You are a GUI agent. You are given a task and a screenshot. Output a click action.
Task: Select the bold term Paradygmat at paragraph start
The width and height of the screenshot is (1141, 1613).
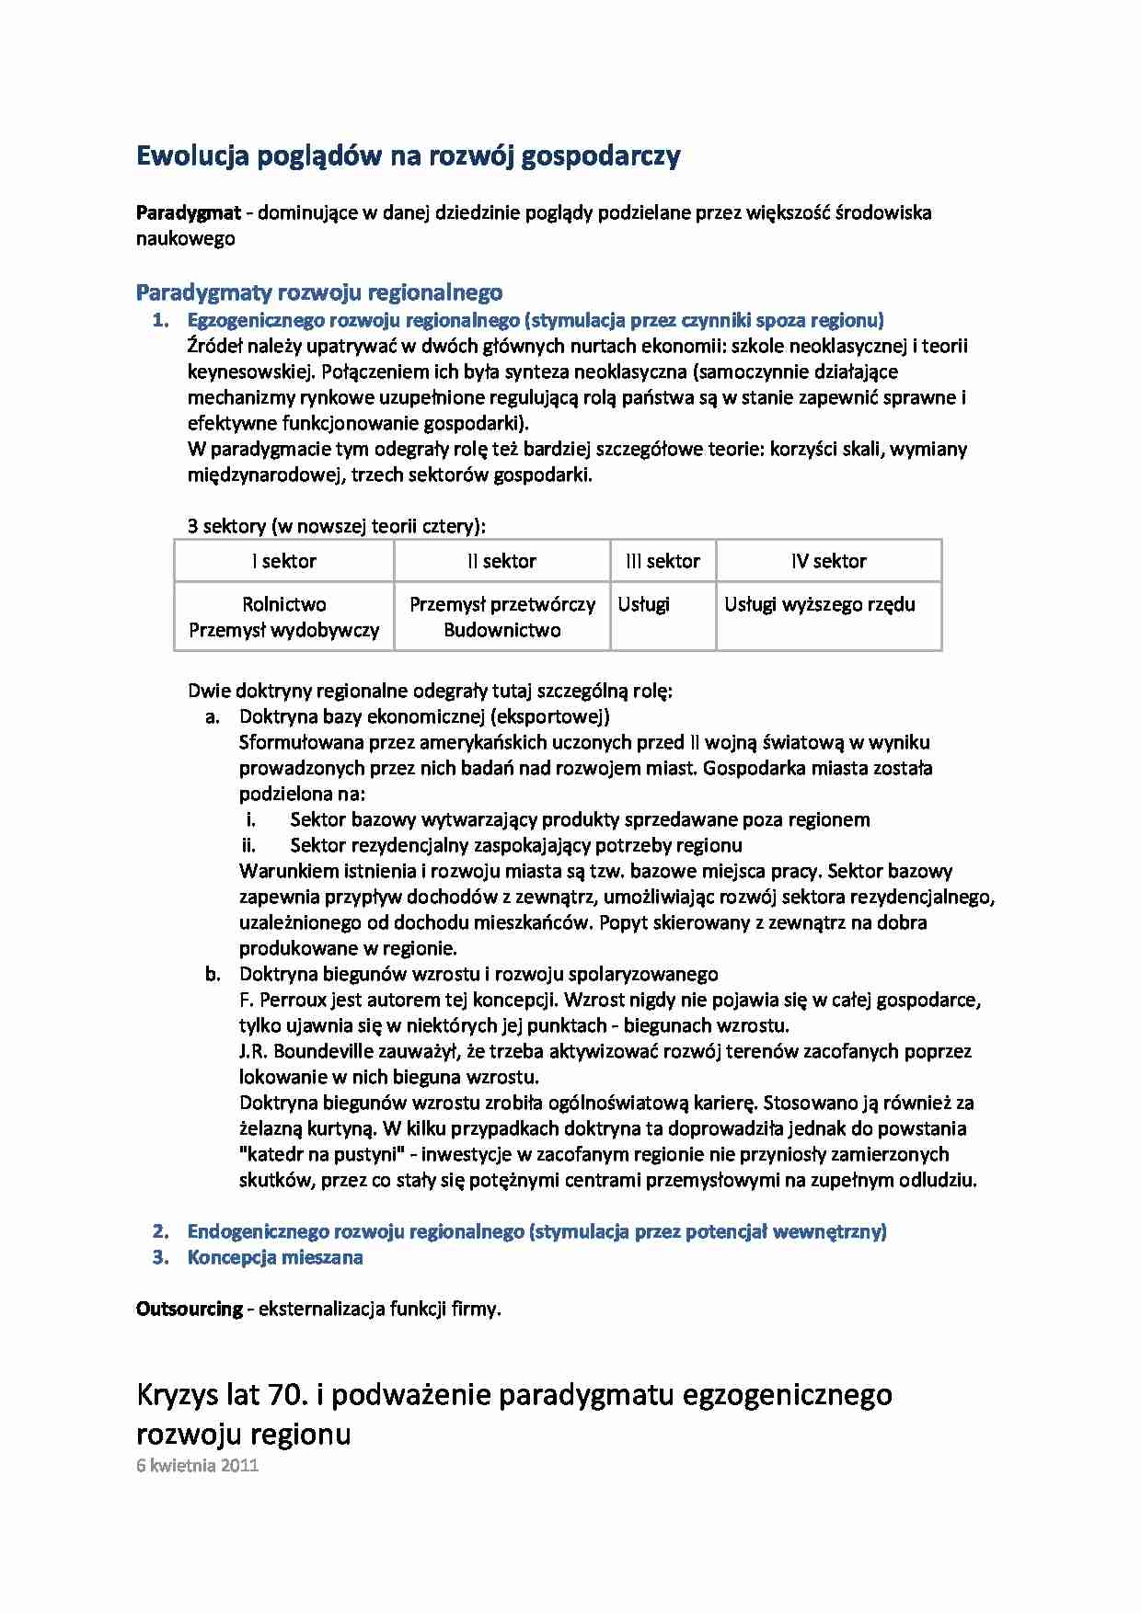tap(188, 212)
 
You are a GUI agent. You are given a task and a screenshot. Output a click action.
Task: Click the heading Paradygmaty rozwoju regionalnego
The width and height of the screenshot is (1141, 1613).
tap(318, 292)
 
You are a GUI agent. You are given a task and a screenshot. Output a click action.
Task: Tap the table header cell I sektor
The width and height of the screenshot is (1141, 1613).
tap(284, 561)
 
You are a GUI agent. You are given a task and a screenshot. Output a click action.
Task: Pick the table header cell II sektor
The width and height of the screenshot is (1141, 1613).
tap(501, 561)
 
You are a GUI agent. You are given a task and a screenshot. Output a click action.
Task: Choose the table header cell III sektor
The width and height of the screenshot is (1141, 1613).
tap(663, 561)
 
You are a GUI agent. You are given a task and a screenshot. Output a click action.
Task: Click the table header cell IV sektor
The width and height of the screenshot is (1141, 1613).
tap(828, 561)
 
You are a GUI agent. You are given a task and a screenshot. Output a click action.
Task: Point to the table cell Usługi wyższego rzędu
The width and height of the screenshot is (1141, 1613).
tap(819, 604)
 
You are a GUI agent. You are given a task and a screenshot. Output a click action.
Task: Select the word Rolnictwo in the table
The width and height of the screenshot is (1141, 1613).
tap(283, 604)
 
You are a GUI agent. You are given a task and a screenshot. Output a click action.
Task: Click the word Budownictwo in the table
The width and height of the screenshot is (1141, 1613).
tap(501, 630)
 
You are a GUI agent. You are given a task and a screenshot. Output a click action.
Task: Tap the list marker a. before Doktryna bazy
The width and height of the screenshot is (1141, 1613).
tap(213, 716)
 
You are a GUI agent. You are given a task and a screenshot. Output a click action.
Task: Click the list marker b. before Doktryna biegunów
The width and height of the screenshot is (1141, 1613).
tap(213, 974)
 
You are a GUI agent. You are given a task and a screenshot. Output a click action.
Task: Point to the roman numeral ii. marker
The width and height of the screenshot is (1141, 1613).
tap(248, 845)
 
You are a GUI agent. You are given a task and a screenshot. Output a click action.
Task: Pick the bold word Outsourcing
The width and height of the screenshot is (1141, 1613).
tap(189, 1309)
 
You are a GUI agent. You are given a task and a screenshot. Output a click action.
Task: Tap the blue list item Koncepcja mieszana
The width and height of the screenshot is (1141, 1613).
tap(274, 1257)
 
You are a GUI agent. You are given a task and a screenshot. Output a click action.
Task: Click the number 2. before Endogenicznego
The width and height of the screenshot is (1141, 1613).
tap(161, 1231)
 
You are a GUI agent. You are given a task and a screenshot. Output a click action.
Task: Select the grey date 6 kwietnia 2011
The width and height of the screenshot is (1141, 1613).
tap(197, 1465)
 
